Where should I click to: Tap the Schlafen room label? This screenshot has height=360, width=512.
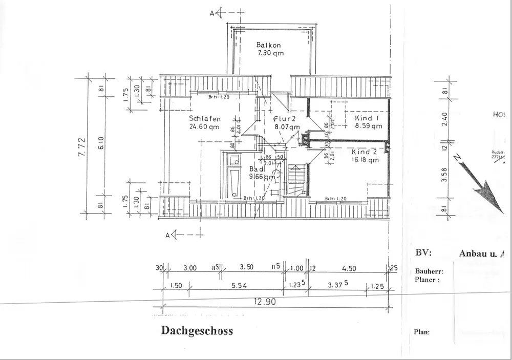[x=205, y=119]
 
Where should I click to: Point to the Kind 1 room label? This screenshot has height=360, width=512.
[x=367, y=118]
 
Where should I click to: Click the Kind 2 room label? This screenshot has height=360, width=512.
[x=364, y=152]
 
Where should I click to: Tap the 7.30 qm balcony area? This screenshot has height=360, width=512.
[x=270, y=53]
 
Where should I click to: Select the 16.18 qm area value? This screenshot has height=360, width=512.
[x=365, y=160]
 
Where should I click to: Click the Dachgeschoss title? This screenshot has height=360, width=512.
[x=197, y=331]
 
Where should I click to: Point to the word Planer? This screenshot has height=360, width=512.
[x=426, y=280]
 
